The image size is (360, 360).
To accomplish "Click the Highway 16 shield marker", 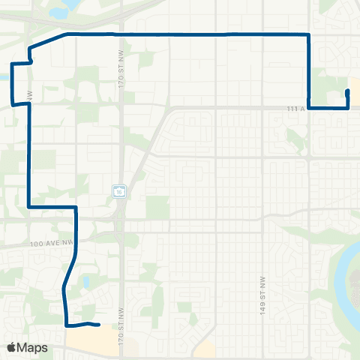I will click(120, 191).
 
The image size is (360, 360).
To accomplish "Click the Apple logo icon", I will click(11, 348).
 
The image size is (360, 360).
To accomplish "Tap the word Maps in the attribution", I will click(32, 348).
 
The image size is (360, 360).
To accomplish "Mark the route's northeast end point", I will click(347, 91).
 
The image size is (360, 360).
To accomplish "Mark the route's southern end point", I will click(99, 325).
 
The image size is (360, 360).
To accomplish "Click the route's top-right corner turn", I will click(309, 34).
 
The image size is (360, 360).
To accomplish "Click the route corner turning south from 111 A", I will click(309, 108).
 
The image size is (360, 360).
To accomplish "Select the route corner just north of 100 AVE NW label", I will click(76, 207).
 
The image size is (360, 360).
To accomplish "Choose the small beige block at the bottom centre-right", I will click(205, 349).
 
